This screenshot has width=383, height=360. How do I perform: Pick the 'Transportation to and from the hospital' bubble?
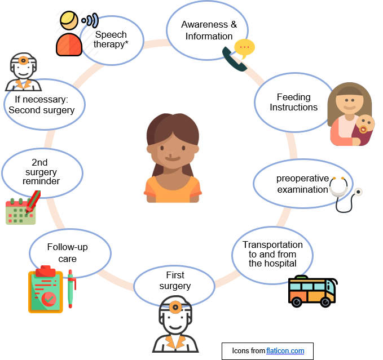coord(272,253)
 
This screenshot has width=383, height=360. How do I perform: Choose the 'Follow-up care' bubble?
coord(67,252)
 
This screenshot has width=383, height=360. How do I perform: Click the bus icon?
coord(311,291)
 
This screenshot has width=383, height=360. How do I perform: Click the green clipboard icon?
coord(46,290)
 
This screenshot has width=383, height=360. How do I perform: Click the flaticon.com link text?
coord(285,351)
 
